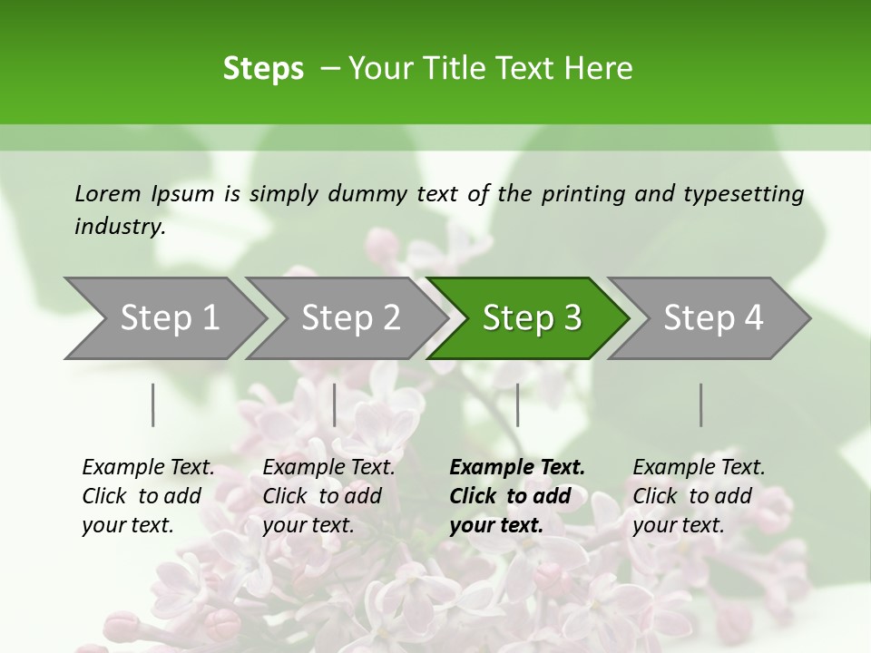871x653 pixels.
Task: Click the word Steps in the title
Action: click(x=263, y=69)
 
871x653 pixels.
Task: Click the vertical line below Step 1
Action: click(x=153, y=404)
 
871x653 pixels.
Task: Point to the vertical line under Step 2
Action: click(x=335, y=404)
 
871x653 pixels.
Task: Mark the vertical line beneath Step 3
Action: click(x=517, y=404)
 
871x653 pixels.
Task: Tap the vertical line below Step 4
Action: click(x=701, y=404)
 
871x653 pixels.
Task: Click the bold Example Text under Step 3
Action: click(x=517, y=468)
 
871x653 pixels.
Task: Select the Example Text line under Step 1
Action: click(x=148, y=468)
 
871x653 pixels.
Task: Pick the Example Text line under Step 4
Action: click(x=699, y=468)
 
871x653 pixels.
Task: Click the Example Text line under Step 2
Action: click(x=328, y=468)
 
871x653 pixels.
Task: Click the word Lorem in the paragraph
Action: click(x=107, y=193)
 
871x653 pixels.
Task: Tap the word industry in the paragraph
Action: click(x=120, y=227)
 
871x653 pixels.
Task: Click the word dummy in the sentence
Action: click(x=369, y=194)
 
